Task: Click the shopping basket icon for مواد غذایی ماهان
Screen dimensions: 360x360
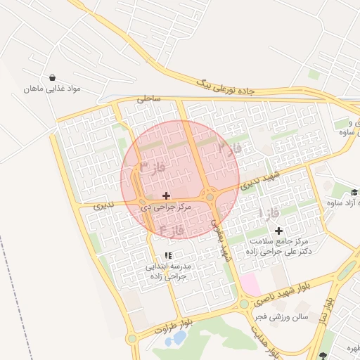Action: click(53, 77)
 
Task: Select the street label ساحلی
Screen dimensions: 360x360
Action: click(148, 99)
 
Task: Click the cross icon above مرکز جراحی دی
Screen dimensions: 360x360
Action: click(166, 195)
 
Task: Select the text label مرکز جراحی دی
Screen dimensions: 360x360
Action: click(167, 207)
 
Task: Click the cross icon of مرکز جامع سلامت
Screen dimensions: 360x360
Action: click(278, 231)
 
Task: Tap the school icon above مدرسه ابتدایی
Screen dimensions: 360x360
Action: click(167, 256)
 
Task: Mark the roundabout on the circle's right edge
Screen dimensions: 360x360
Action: click(210, 198)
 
